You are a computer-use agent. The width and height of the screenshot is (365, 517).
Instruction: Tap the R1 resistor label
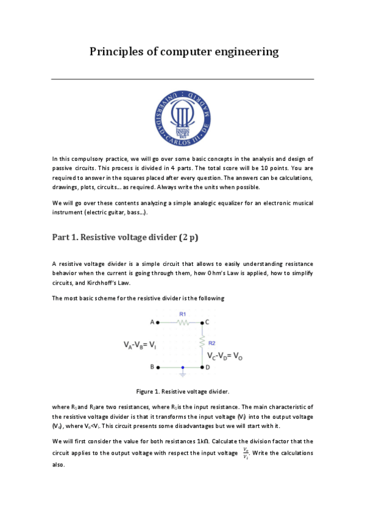pos(182,313)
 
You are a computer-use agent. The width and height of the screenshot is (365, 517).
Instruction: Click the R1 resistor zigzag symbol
pos(182,321)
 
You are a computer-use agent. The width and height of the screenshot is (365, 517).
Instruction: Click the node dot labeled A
pos(158,321)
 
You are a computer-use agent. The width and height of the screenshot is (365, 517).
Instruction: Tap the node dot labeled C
pos(203,321)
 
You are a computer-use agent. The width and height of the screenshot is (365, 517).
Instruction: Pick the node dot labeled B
pos(158,368)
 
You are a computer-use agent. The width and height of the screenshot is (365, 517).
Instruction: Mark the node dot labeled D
pos(203,368)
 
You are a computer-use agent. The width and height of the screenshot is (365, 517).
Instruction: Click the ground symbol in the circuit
pos(182,373)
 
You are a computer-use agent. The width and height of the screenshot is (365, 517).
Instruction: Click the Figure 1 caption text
pos(182,390)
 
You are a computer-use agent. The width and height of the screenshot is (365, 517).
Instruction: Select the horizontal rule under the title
pos(182,79)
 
